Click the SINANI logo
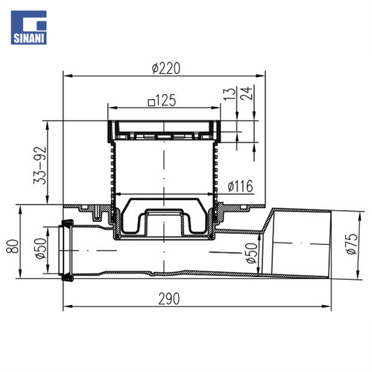pos(29,27)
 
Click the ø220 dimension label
pos(166,68)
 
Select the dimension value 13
pos(230,94)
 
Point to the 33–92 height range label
pos(40,165)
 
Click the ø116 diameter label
pos(240,186)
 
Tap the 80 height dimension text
pos(13,246)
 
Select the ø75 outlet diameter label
pos(352,244)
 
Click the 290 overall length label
pos(169,299)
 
